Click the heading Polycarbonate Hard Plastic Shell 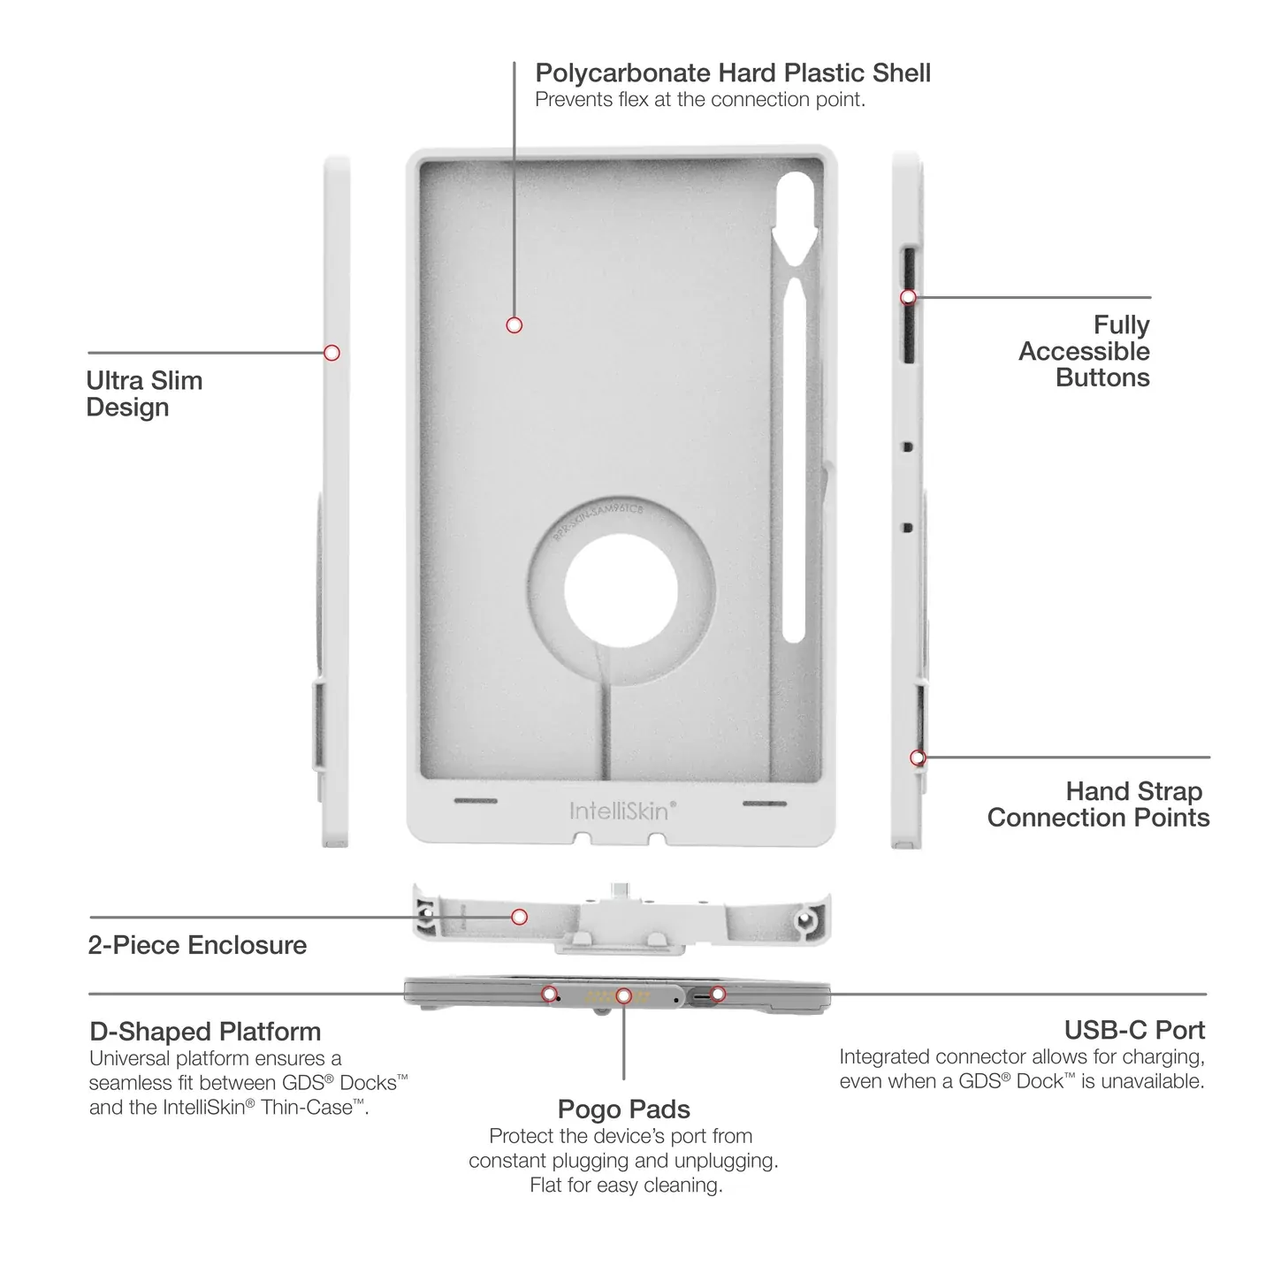(x=733, y=73)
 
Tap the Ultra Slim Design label (x=144, y=393)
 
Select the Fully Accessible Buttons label (x=1084, y=351)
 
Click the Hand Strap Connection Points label (x=1099, y=804)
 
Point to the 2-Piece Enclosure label (x=197, y=945)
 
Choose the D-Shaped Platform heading (x=205, y=1031)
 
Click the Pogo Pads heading (x=623, y=1109)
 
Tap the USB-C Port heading (x=1134, y=1030)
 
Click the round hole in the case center (x=621, y=591)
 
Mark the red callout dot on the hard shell (x=514, y=325)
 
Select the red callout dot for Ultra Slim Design (x=332, y=353)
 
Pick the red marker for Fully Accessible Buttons (x=909, y=297)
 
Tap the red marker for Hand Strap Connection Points (x=918, y=758)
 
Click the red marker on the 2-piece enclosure (x=519, y=917)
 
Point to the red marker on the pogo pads (x=623, y=995)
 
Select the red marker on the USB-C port (x=718, y=994)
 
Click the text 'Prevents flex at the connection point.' (x=700, y=100)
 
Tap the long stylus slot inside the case (x=794, y=460)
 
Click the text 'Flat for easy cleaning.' (x=626, y=1185)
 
